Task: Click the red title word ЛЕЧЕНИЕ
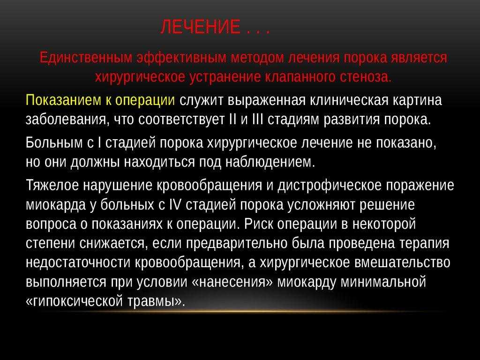coord(200,27)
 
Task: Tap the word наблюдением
coord(270,162)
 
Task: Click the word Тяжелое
coord(52,186)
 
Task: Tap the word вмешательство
coord(402,262)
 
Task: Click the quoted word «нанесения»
coord(232,282)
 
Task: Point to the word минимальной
coord(383,282)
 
